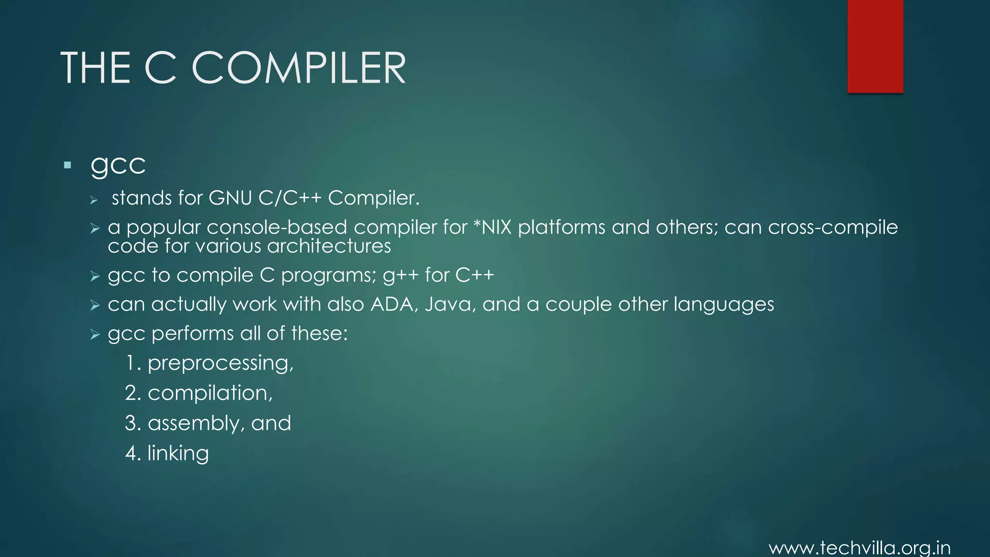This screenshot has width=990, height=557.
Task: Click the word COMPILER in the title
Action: tap(299, 68)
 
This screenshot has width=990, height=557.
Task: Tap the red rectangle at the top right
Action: tap(875, 46)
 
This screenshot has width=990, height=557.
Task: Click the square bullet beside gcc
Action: tap(67, 165)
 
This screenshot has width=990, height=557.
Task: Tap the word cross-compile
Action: tap(832, 227)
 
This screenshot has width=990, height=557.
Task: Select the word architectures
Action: tap(329, 247)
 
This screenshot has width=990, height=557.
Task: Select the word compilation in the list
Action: tap(209, 394)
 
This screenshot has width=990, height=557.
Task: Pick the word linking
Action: tap(178, 454)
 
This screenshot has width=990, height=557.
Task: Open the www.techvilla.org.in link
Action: tap(859, 548)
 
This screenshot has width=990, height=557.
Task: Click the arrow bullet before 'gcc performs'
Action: tap(95, 335)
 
